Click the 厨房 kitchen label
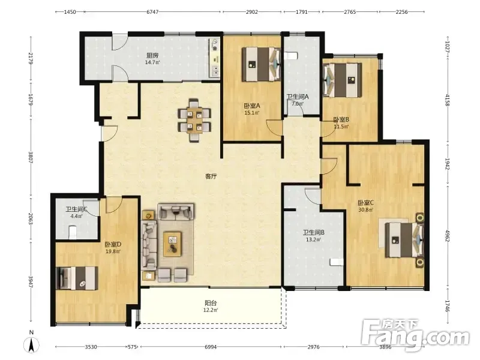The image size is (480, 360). pyautogui.click(x=152, y=55)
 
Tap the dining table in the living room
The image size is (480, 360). pyautogui.click(x=194, y=119)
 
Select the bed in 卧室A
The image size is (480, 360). pyautogui.click(x=262, y=64)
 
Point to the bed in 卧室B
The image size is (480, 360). pyautogui.click(x=343, y=80)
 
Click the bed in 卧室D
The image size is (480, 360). pyautogui.click(x=77, y=278)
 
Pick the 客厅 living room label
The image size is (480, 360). pyautogui.click(x=211, y=176)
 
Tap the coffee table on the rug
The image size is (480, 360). pyautogui.click(x=172, y=244)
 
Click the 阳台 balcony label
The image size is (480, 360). pyautogui.click(x=211, y=303)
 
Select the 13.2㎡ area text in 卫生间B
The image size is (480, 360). pyautogui.click(x=313, y=239)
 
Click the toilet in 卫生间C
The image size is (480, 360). pyautogui.click(x=73, y=232)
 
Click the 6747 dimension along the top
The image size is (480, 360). pyautogui.click(x=152, y=12)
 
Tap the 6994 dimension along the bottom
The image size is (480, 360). pyautogui.click(x=211, y=347)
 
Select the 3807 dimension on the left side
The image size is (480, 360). pyautogui.click(x=31, y=157)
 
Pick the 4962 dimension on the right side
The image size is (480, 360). pyautogui.click(x=447, y=236)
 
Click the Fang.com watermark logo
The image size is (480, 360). pyautogui.click(x=415, y=336)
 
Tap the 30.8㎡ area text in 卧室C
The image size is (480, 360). pyautogui.click(x=365, y=210)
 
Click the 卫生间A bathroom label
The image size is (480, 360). pyautogui.click(x=298, y=97)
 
